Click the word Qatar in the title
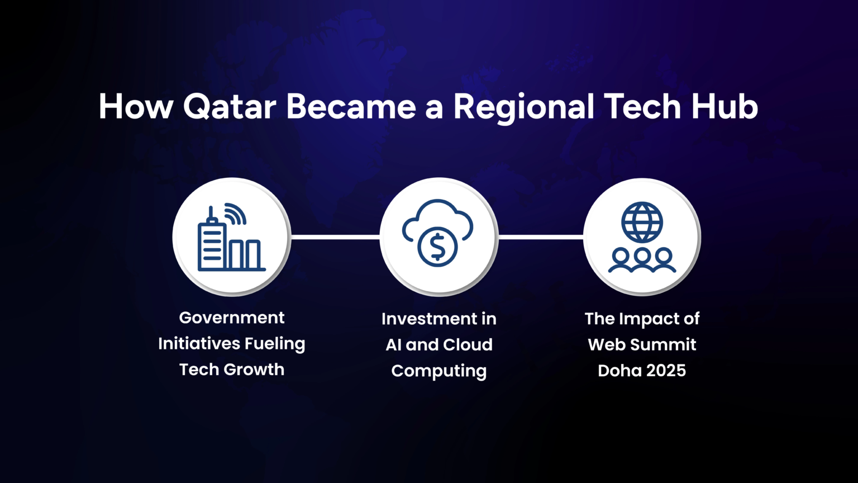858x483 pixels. coord(230,107)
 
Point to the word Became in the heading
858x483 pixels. coord(351,106)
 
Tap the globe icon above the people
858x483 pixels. coord(642,222)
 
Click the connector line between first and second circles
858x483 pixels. coord(336,237)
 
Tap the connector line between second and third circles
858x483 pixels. coord(541,237)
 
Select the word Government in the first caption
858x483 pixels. coord(232,318)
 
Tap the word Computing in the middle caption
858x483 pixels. coord(439,371)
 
